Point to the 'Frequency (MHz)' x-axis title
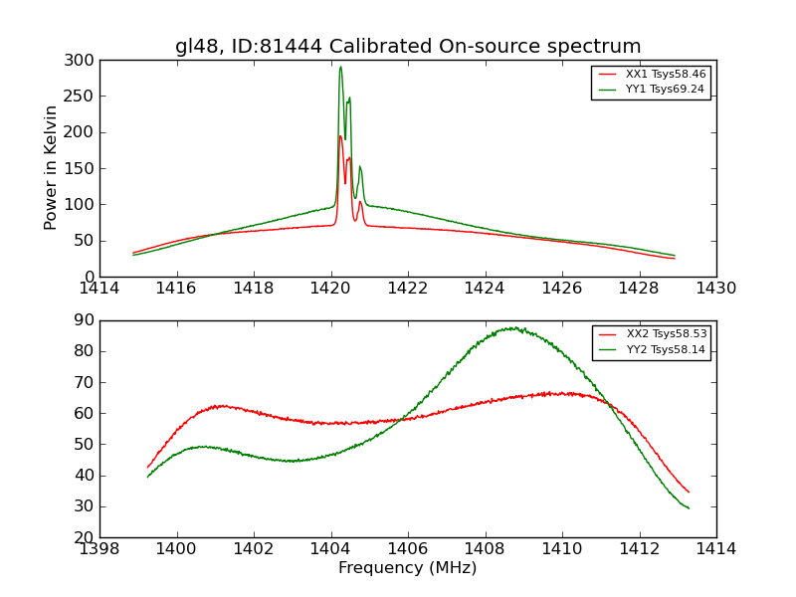point(408,568)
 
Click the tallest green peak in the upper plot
point(340,68)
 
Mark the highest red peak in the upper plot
point(340,136)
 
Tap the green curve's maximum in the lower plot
point(511,327)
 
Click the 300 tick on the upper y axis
point(83,61)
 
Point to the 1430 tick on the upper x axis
point(715,288)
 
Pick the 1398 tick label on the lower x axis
point(99,548)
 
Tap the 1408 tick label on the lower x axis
point(485,548)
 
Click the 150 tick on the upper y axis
point(83,168)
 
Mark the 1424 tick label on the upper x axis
point(485,288)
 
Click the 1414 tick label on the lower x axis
point(715,548)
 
